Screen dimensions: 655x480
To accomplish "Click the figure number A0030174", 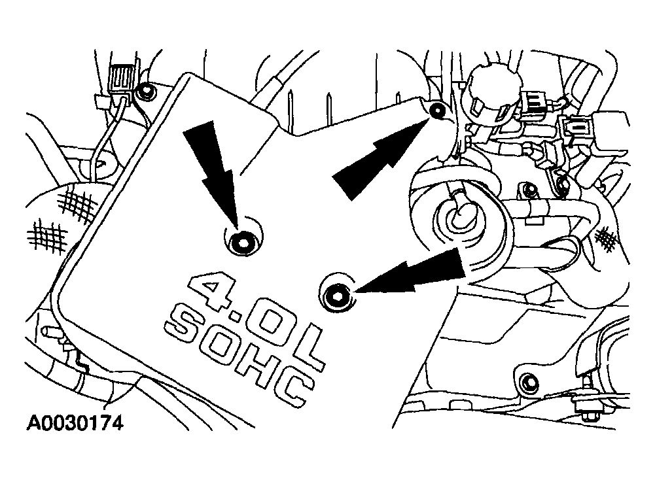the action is coord(75,423).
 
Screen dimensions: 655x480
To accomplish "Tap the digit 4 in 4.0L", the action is coord(209,292).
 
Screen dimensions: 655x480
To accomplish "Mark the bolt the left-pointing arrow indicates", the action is coord(337,296).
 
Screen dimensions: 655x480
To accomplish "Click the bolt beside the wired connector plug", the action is coord(146,92).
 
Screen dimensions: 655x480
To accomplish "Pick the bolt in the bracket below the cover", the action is coord(529,382).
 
